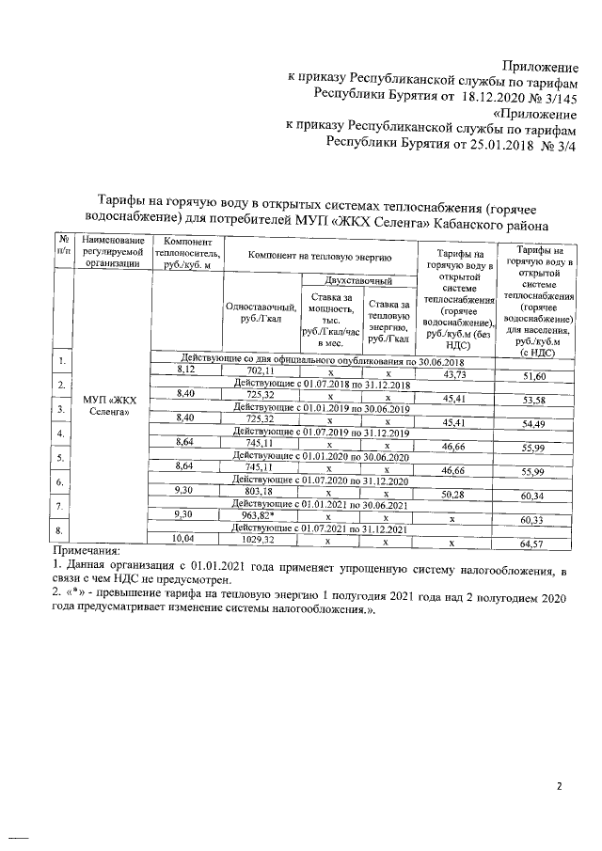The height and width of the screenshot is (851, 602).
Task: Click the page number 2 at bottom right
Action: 558,785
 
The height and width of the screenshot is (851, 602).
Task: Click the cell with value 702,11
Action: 259,372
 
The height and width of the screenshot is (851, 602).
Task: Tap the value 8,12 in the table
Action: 185,371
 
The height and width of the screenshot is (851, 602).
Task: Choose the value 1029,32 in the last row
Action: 259,540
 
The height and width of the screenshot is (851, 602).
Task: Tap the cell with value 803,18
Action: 259,491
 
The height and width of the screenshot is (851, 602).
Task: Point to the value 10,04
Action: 185,538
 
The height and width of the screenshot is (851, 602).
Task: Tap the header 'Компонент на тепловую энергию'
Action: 319,255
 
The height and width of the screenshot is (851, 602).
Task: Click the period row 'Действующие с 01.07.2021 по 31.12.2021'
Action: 320,529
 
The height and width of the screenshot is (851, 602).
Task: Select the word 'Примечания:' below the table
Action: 87,550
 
